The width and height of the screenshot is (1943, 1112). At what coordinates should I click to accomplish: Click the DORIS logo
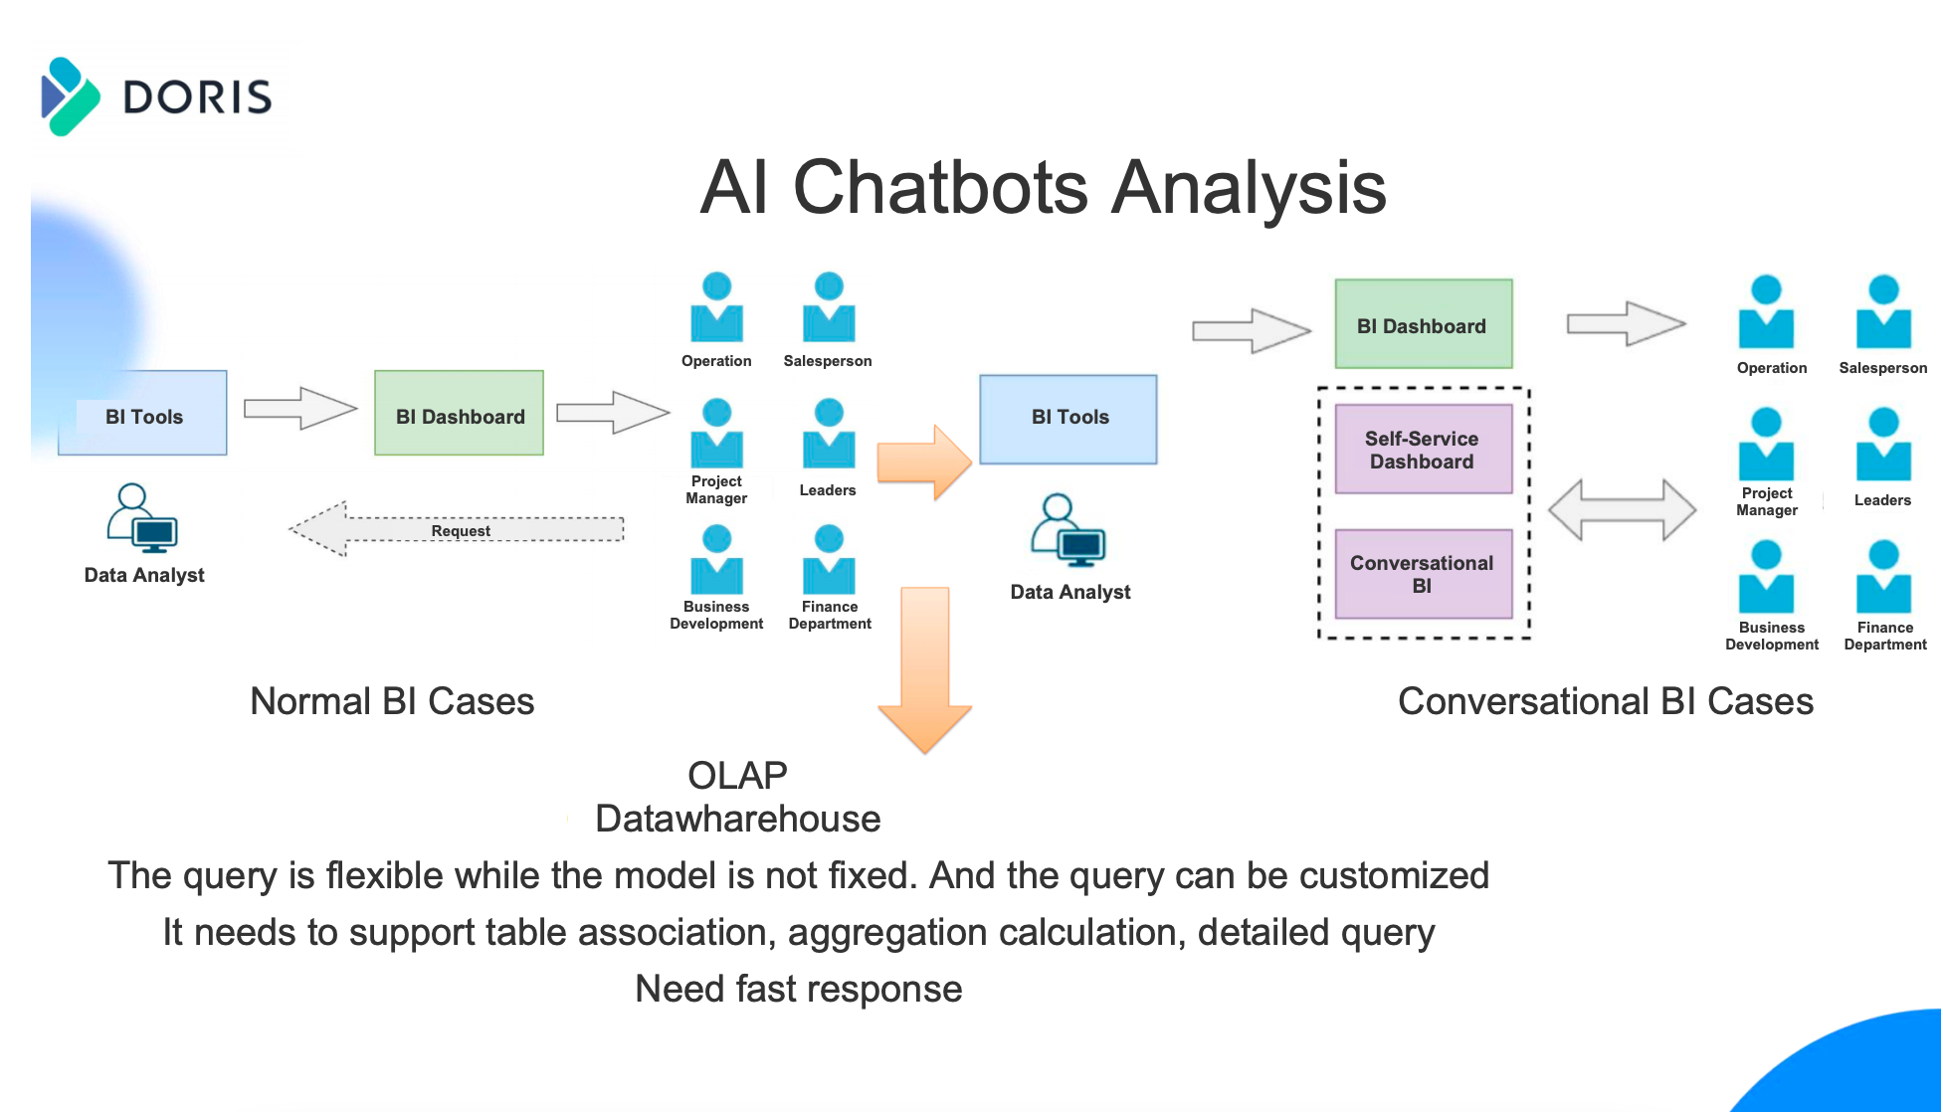click(157, 97)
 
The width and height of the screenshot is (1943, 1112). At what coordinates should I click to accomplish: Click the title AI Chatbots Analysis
click(1043, 187)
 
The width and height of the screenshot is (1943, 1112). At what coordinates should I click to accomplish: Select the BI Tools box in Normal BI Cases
click(143, 415)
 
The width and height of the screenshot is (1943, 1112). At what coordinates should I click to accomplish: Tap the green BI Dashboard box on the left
click(460, 415)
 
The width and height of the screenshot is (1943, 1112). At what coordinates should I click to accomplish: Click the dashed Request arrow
click(458, 529)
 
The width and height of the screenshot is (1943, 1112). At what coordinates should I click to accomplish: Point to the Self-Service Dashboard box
click(1423, 450)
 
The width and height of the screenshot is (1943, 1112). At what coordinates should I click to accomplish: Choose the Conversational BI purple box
click(1423, 574)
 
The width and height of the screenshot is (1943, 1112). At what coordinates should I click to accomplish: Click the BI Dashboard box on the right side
click(1423, 325)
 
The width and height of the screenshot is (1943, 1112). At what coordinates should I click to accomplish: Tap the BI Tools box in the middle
click(1069, 419)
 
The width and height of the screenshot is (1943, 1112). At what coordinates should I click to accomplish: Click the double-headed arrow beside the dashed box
click(1622, 510)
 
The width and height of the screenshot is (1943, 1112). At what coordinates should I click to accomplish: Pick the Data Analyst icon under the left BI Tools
click(142, 518)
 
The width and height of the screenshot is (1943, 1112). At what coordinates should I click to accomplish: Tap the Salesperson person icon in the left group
click(828, 307)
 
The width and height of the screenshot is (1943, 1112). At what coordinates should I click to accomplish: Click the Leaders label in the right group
click(1882, 500)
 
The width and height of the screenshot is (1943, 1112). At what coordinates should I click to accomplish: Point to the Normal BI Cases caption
click(392, 701)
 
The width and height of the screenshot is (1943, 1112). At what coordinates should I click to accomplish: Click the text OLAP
click(737, 775)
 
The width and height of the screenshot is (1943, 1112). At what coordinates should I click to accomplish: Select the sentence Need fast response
click(798, 989)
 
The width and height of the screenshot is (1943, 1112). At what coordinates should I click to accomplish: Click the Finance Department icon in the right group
click(1883, 577)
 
